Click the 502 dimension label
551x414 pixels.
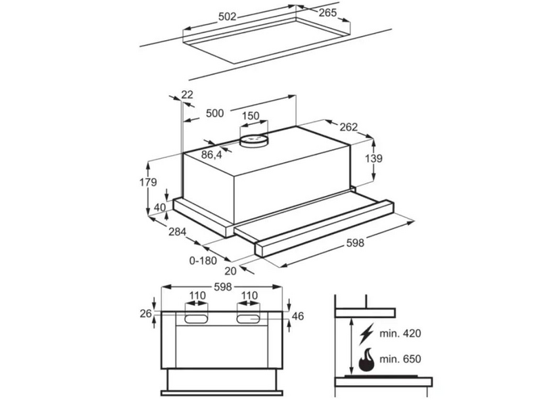[x=227, y=17]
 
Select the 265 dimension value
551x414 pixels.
[x=328, y=12]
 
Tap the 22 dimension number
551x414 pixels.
[x=187, y=95]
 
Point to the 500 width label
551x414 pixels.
[x=214, y=113]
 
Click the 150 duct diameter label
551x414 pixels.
[x=251, y=115]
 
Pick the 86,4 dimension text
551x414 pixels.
[x=211, y=154]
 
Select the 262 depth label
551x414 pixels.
[x=349, y=127]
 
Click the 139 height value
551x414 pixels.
[x=373, y=159]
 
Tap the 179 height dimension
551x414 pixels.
[x=147, y=182]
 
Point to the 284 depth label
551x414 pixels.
[x=178, y=232]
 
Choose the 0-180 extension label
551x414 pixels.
[x=202, y=261]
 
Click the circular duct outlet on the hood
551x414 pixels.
[x=253, y=141]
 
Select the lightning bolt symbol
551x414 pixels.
[x=366, y=335]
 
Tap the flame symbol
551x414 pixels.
[x=366, y=360]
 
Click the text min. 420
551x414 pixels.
[x=400, y=333]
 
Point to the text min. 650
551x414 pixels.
[x=400, y=359]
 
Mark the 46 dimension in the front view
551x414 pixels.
[x=298, y=316]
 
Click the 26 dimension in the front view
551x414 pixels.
[x=146, y=313]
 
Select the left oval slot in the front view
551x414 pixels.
[x=196, y=319]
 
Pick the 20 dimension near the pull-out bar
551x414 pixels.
[x=231, y=270]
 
